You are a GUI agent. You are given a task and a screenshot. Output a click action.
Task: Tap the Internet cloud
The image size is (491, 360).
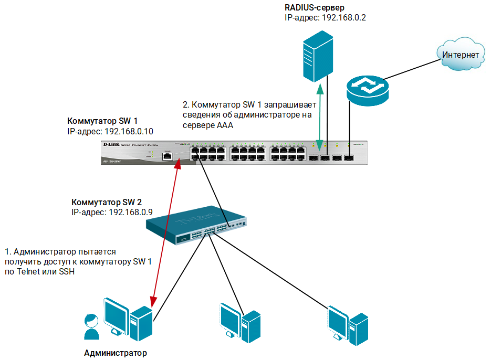[x=460, y=55]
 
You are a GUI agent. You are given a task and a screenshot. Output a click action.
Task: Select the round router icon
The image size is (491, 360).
[x=367, y=89]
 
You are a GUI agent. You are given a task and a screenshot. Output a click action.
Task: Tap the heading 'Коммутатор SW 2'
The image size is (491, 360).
[x=106, y=202]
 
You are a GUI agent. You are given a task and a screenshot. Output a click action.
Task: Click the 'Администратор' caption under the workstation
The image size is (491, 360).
[x=116, y=353]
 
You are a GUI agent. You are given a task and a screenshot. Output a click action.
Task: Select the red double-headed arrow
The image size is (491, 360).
[x=165, y=233]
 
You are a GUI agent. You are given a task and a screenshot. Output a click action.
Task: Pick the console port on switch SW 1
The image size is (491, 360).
[x=167, y=155]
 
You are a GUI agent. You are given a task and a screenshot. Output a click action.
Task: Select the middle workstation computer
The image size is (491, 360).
[x=239, y=323]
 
